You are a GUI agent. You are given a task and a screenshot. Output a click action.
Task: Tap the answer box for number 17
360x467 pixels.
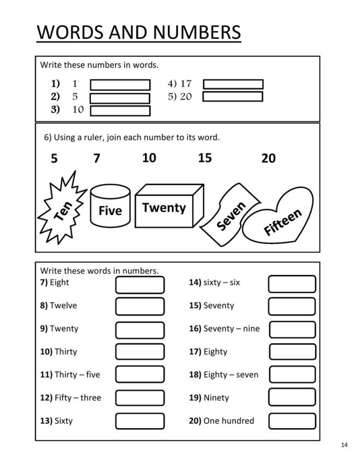pos(233,84)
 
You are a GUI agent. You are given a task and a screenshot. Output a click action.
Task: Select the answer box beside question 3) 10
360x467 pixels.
pos(120,110)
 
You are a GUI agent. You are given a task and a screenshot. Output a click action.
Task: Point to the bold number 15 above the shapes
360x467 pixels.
pos(205,158)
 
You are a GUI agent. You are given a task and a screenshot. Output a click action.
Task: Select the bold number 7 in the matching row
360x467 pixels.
pos(97,159)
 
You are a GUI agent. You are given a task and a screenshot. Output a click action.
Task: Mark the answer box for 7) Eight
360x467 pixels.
pos(140,284)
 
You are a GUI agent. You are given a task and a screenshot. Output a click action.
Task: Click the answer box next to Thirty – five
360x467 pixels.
pos(140,375)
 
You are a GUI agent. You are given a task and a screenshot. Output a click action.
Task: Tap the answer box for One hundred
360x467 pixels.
pos(292,421)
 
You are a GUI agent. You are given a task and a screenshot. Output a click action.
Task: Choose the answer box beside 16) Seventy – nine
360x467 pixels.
pos(292,329)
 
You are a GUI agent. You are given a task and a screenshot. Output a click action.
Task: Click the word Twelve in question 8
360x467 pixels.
pos(63,306)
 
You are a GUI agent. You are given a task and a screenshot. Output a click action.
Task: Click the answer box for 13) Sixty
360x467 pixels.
pos(140,421)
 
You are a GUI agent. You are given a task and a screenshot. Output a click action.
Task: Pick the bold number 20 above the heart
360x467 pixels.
pos(269,159)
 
